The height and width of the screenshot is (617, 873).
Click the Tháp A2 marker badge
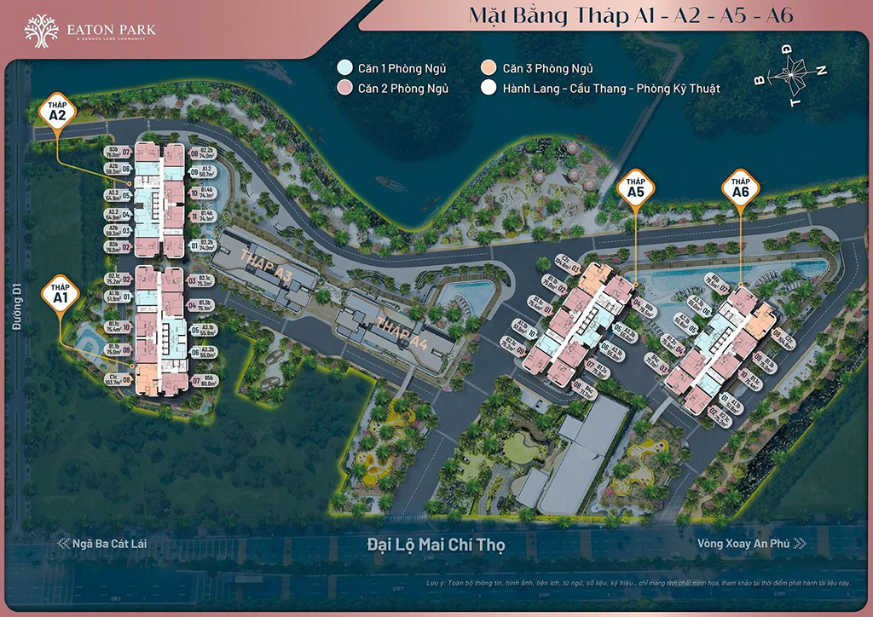(x=58, y=112)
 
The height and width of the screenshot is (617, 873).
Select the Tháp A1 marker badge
(x=60, y=294)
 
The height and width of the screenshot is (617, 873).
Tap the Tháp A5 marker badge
(x=635, y=188)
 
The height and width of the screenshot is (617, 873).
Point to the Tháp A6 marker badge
(x=740, y=189)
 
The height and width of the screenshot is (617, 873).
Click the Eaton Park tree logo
(x=42, y=32)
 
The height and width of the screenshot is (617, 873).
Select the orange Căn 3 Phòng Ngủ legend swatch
(x=488, y=68)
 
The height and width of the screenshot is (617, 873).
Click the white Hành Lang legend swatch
(x=488, y=88)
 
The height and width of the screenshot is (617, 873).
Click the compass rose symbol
(x=790, y=75)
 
